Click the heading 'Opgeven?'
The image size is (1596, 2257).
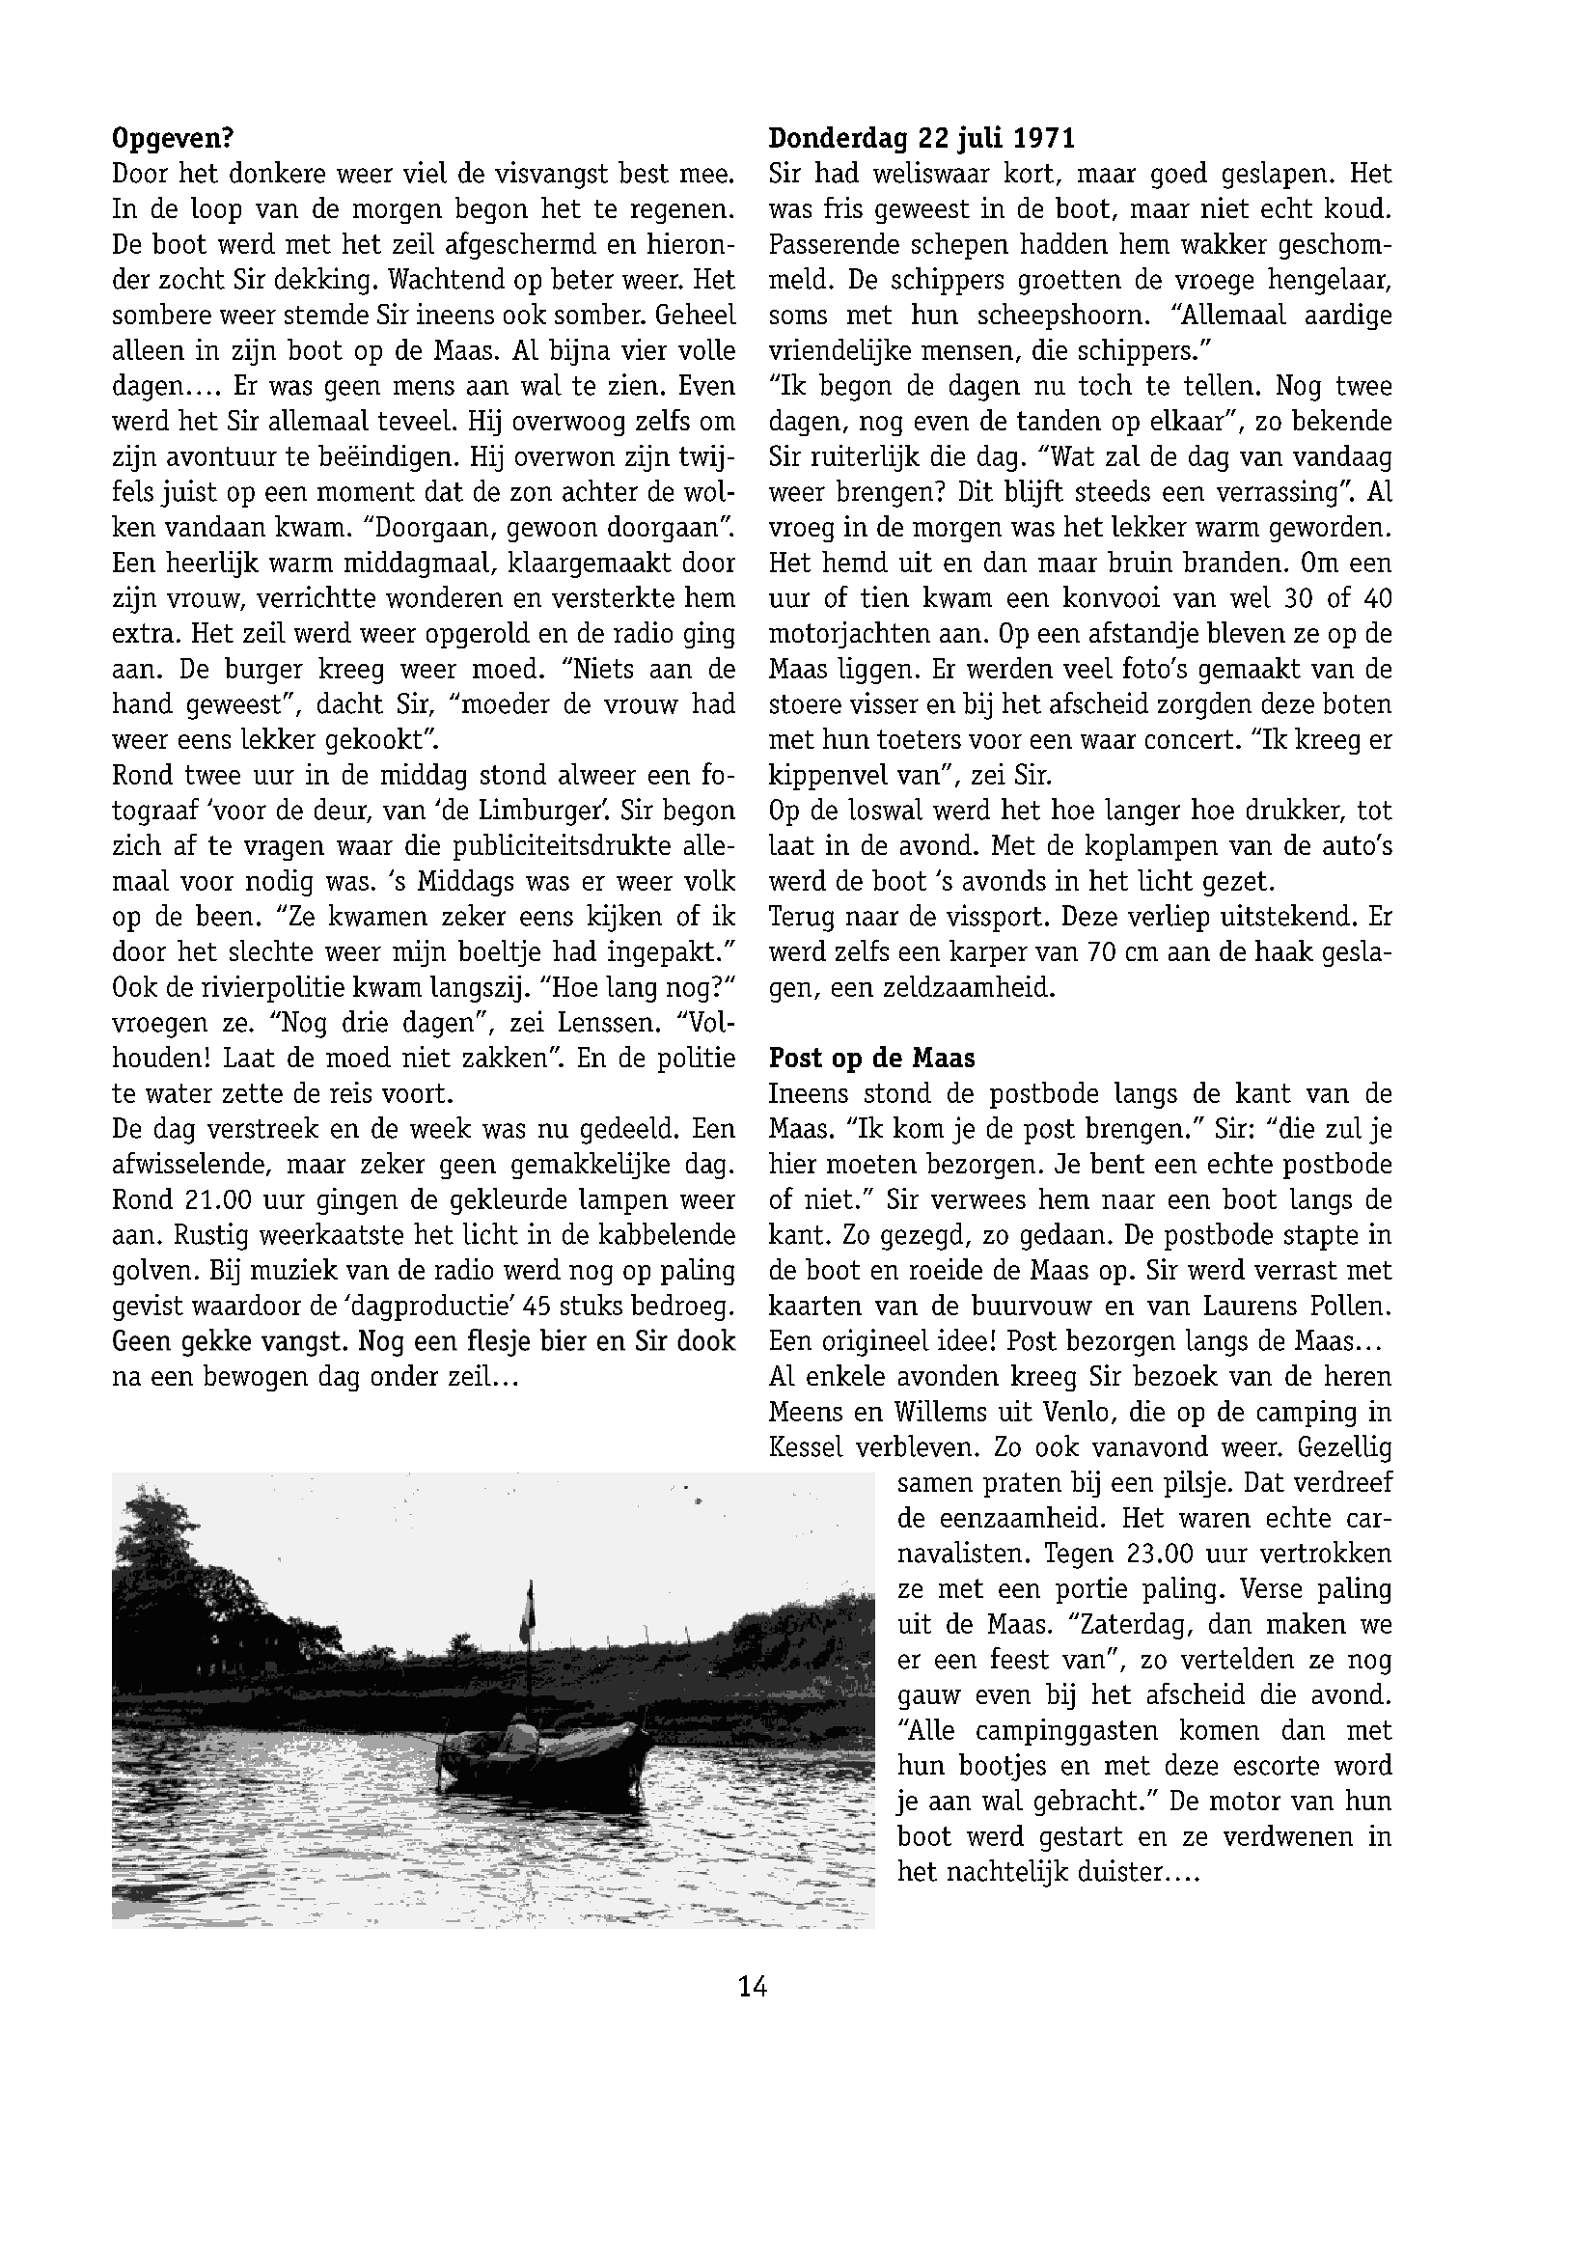172,138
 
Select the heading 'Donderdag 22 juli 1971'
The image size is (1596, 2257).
922,138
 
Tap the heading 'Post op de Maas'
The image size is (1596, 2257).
871,1058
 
